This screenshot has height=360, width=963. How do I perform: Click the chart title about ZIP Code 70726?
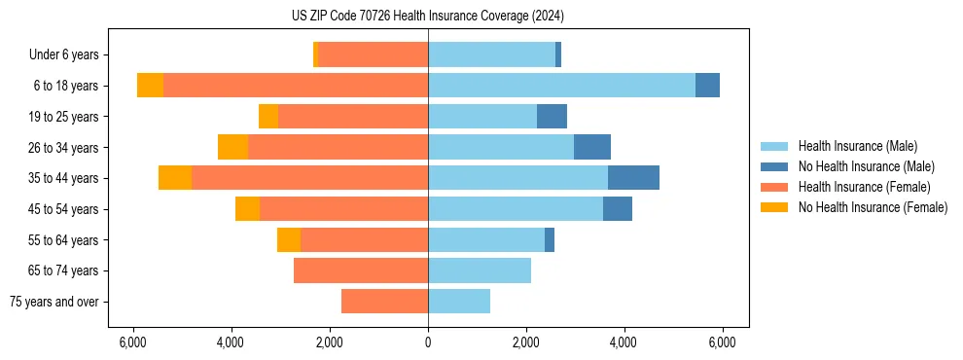point(427,16)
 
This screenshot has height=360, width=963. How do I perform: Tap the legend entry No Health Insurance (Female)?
point(873,207)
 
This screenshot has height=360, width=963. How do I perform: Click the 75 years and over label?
point(53,302)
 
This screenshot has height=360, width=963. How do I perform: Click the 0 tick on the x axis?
point(428,342)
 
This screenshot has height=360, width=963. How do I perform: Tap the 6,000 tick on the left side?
point(132,342)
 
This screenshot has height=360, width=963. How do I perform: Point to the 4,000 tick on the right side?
point(624,342)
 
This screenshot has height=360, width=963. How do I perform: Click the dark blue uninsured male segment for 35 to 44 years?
point(633,178)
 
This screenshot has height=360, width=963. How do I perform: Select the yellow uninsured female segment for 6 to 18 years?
point(150,86)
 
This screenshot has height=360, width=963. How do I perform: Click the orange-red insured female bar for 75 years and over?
point(384,302)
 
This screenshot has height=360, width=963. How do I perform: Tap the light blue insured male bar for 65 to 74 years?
point(480,270)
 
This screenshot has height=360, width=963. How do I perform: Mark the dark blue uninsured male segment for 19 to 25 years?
point(552,117)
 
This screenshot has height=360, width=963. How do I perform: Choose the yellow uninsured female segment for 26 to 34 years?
point(232,147)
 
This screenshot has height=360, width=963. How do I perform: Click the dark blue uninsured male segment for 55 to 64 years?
point(550,239)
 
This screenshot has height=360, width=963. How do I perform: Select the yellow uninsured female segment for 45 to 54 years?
point(247,209)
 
